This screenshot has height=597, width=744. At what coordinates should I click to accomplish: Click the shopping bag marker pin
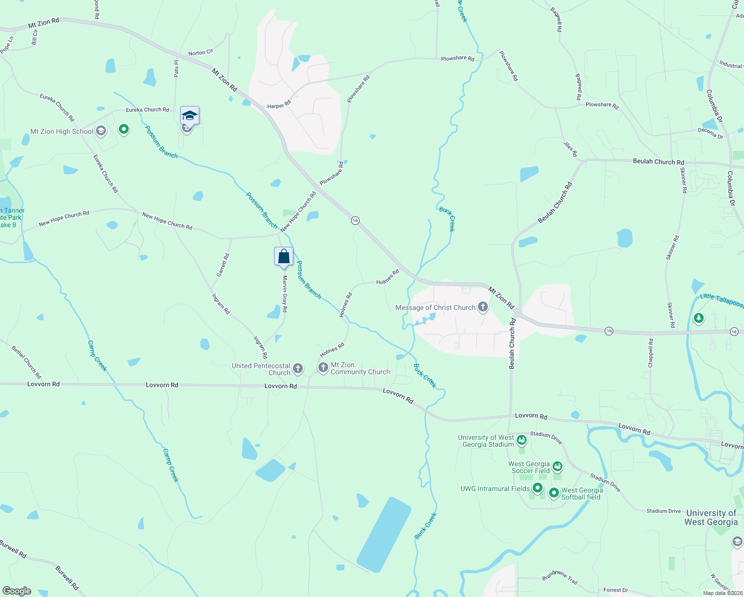283,257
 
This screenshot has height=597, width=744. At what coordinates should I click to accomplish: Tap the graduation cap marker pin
189,116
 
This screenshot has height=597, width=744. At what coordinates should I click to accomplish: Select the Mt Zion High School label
62,132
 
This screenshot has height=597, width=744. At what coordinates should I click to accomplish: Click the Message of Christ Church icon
482,307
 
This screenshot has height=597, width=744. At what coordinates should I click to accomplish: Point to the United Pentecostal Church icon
297,369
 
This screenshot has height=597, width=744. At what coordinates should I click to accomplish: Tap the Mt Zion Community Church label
360,369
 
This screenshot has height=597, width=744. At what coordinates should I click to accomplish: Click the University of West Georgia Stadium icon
521,440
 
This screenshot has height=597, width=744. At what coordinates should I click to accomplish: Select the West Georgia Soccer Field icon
557,466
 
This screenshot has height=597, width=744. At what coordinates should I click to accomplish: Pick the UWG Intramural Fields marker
537,488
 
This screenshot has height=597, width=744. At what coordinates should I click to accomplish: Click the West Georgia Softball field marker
554,493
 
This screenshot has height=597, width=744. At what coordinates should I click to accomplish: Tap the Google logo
17,591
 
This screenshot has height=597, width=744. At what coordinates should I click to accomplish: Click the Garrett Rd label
222,265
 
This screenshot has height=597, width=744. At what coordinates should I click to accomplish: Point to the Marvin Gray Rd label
285,294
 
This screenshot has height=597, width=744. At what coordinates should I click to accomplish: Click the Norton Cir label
200,52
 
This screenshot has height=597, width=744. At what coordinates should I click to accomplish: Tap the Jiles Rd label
570,148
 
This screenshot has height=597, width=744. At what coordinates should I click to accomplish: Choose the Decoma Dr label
710,133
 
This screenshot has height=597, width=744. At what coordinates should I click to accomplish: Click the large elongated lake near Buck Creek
384,534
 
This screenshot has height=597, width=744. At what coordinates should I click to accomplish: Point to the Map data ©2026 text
723,593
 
